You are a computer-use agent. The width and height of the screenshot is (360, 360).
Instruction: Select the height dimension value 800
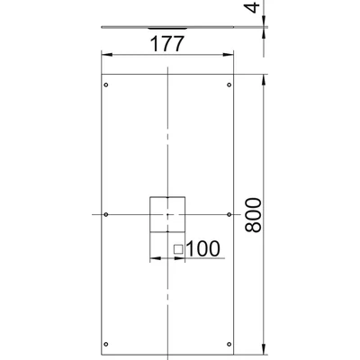[254, 214]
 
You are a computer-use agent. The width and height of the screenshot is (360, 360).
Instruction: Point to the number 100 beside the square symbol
[202, 247]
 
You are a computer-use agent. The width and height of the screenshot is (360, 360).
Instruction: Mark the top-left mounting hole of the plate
[107, 86]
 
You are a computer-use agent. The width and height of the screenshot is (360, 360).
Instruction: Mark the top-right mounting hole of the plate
[230, 86]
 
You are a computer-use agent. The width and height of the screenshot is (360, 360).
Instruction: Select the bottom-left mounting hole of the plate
[107, 342]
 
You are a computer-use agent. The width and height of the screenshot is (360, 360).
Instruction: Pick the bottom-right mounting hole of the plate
[230, 342]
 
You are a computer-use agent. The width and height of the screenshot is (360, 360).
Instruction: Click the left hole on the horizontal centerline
[107, 214]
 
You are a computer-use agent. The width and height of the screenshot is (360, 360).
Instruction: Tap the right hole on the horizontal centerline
[230, 214]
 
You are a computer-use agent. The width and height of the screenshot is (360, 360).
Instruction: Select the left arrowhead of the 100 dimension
[151, 257]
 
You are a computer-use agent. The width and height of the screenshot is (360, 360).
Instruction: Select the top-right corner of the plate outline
[236, 74]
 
